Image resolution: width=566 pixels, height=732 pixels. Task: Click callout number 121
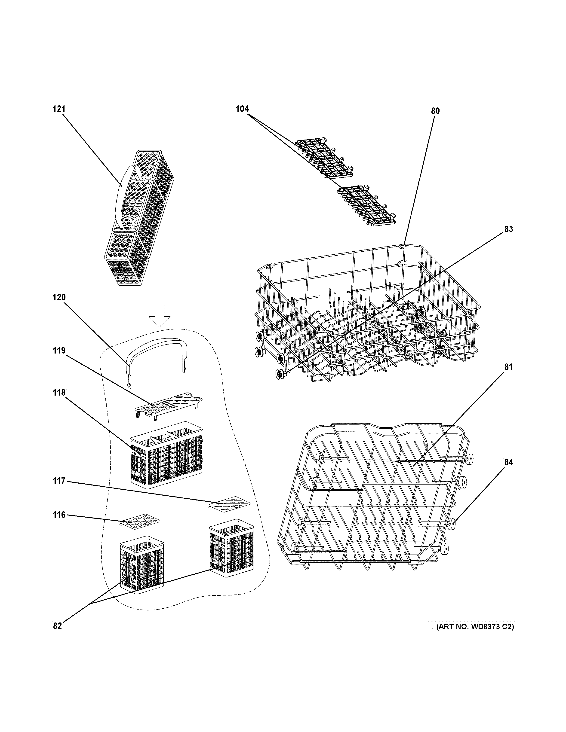[x=59, y=109]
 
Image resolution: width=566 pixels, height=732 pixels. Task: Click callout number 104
[x=242, y=109]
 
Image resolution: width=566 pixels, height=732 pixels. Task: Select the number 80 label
[x=435, y=111]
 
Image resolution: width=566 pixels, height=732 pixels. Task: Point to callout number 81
[x=508, y=367]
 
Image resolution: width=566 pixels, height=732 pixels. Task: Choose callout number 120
[x=59, y=297]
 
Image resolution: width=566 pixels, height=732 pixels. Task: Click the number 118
[x=59, y=393]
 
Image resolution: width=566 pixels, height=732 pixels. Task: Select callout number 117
[x=59, y=481]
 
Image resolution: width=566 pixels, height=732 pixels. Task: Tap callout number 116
[x=59, y=515]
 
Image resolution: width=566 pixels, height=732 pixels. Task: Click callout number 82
[x=57, y=626]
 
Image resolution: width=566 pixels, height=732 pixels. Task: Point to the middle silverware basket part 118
[x=167, y=454]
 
